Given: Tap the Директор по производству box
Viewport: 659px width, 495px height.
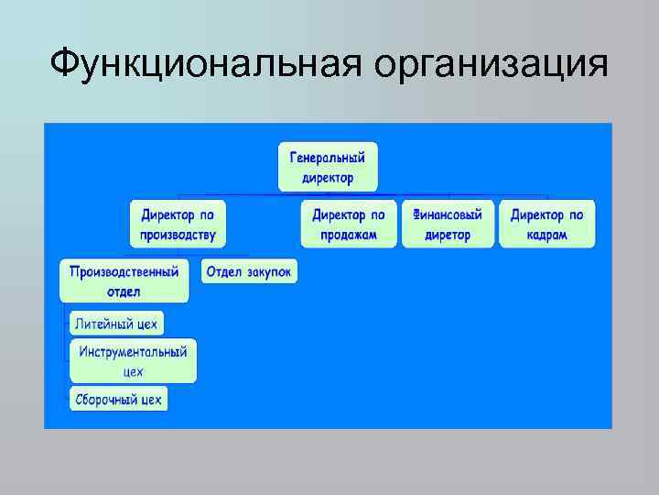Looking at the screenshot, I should coord(178,224).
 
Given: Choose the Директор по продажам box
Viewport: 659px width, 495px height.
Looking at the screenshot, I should coord(349,224).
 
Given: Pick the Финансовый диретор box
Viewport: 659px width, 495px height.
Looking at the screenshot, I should coord(448,224).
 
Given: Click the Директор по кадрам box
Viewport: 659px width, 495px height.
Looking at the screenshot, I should coord(546,224).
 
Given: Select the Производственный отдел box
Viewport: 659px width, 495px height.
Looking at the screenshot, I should coord(124,280).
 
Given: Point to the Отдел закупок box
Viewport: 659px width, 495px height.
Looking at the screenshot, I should coord(248,271).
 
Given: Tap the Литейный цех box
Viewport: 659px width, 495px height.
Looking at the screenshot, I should coord(116,324).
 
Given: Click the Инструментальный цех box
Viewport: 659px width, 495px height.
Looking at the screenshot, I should coord(133,361).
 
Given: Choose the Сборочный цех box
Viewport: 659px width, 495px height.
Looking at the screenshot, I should coord(118,400).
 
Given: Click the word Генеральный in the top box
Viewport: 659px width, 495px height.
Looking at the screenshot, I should coord(328,157).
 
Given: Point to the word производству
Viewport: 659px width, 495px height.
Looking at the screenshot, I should coord(178,235).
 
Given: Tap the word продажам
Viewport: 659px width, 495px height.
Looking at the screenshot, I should coord(349,235).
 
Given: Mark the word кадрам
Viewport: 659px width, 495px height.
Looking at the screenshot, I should coord(546,235).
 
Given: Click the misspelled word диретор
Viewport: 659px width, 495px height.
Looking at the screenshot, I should coord(448,235).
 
